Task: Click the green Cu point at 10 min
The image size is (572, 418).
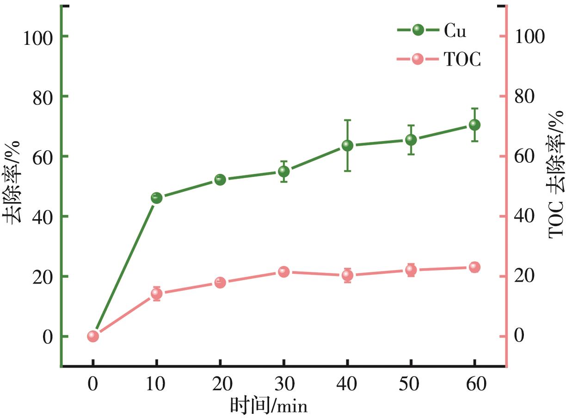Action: point(156,198)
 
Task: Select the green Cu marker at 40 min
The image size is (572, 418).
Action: point(347,146)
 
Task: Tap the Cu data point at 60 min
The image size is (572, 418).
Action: point(474,125)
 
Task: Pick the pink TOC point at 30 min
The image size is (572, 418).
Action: point(283,272)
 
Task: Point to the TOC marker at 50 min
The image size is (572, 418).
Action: point(411,270)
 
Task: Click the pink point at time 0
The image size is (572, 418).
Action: point(93,336)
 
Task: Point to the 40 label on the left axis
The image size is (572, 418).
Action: point(44,216)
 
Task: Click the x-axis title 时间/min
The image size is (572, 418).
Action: point(268,406)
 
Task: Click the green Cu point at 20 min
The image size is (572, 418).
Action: point(220,180)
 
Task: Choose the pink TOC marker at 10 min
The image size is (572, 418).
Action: point(156,294)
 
